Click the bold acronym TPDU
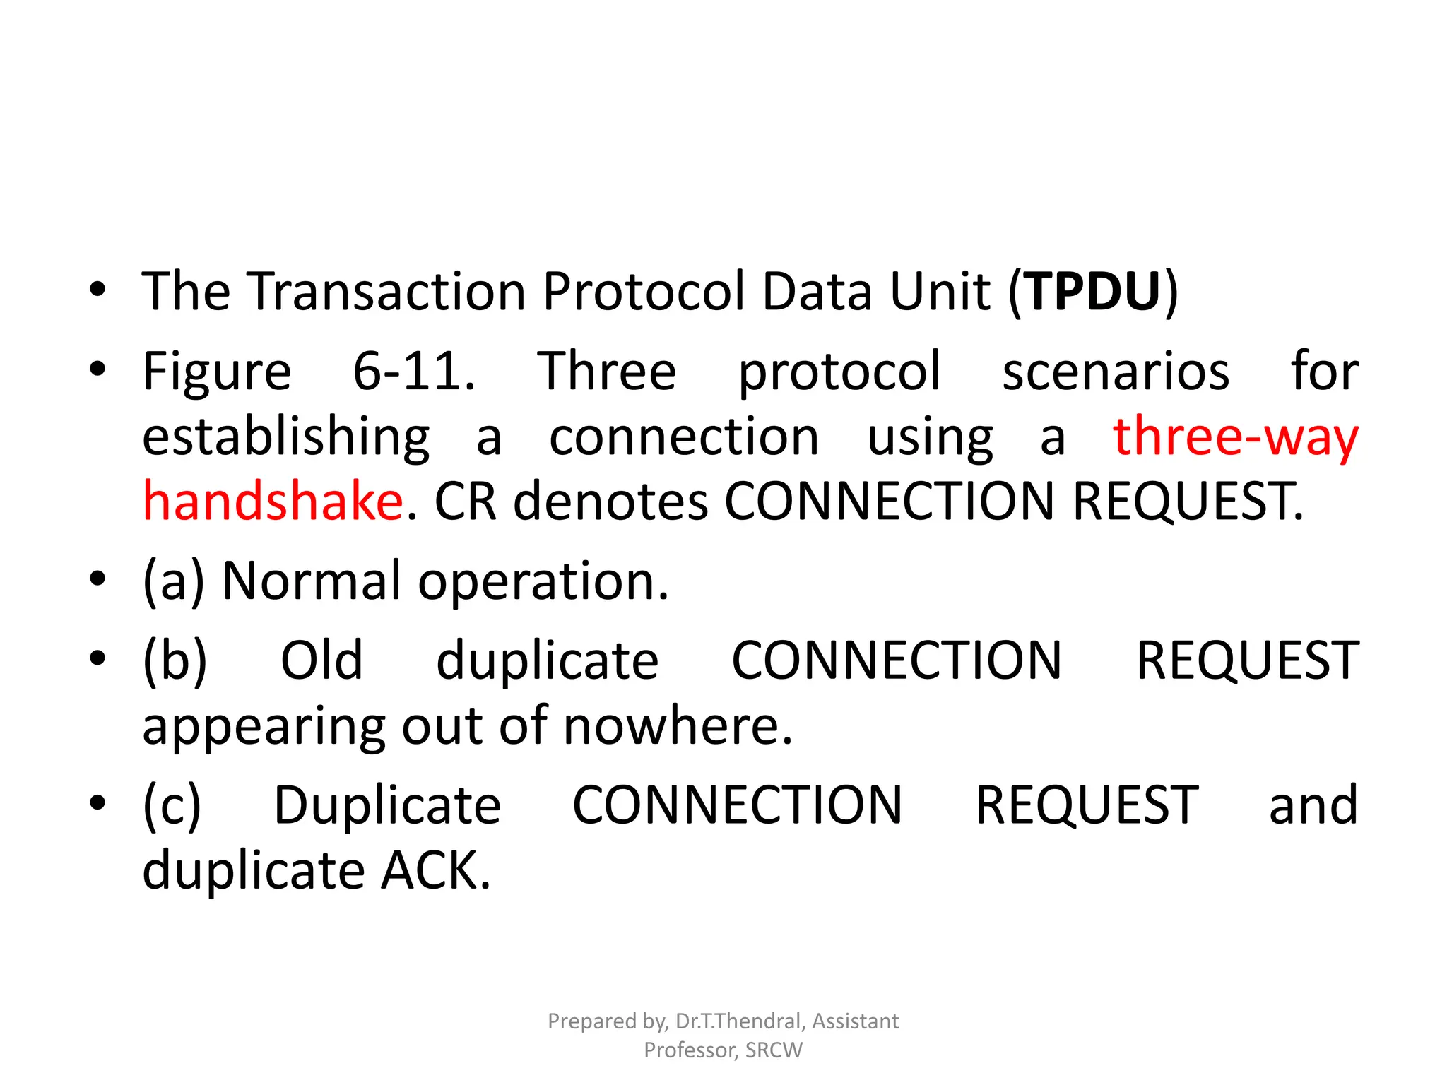tap(1093, 291)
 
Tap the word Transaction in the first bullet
tap(386, 291)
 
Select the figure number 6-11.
tap(413, 371)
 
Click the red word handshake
tap(273, 501)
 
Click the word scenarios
tap(1116, 371)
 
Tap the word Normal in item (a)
tap(312, 581)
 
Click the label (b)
tap(175, 660)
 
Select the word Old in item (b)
tap(321, 660)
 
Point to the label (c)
tap(172, 805)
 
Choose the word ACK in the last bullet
tap(435, 870)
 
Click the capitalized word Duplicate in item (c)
tap(387, 805)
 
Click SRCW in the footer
tap(773, 1050)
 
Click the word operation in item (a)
tap(543, 581)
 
